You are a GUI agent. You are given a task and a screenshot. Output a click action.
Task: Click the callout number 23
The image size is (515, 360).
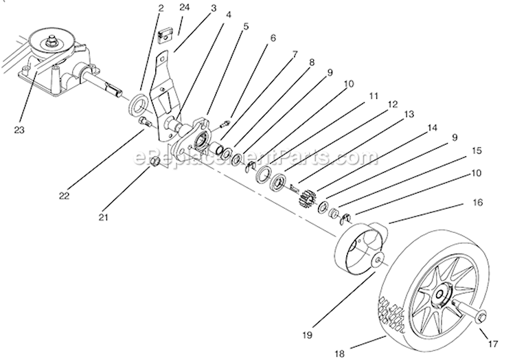click(x=19, y=130)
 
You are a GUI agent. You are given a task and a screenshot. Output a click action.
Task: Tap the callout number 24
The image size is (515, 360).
click(x=185, y=8)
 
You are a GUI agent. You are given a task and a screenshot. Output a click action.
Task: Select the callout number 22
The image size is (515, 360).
click(x=65, y=196)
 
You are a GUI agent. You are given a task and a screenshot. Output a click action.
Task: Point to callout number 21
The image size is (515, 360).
click(x=104, y=217)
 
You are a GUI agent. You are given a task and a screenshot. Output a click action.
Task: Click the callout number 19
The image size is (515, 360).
click(x=308, y=335)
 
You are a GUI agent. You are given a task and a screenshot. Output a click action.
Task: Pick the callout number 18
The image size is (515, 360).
click(x=340, y=354)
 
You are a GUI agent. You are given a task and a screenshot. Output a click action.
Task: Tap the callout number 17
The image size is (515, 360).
click(x=493, y=344)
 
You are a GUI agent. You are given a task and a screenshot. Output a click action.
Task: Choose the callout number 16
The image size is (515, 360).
click(x=478, y=203)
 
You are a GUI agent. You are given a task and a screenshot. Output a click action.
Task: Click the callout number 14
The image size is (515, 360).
click(x=433, y=128)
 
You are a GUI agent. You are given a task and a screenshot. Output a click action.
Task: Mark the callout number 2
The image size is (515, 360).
click(x=161, y=8)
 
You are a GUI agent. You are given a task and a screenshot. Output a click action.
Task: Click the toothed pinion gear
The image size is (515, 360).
click(x=307, y=197)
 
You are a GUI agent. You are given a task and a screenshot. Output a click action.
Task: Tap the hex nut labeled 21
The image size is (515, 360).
click(x=155, y=161)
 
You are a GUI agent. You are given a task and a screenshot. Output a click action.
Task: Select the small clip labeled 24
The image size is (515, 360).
click(x=166, y=36)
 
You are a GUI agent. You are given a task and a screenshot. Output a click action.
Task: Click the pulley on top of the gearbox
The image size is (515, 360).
click(x=51, y=45)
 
